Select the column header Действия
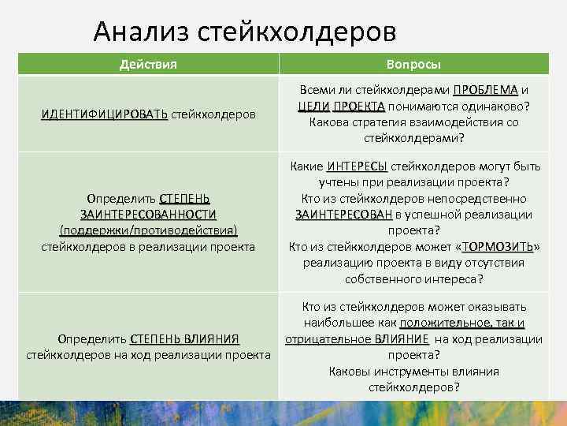[x=148, y=64]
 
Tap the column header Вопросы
[x=413, y=64]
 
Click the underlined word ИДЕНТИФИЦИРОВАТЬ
[x=104, y=114]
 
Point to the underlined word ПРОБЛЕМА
[x=485, y=90]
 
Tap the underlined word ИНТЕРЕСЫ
[x=357, y=166]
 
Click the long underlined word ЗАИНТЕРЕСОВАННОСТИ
[x=148, y=215]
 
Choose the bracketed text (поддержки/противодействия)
[x=148, y=230]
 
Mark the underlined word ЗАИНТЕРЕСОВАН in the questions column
[x=343, y=215]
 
